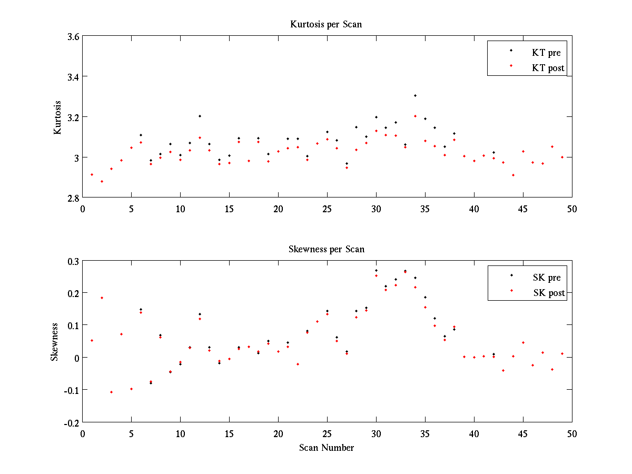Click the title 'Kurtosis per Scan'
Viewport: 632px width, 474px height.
[326, 24]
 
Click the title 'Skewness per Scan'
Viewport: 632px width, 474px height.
[327, 249]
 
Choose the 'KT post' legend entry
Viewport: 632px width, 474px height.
[548, 68]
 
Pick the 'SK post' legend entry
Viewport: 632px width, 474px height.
[548, 293]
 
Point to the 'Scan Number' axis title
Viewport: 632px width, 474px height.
[327, 448]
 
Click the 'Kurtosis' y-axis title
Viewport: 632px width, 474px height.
[57, 117]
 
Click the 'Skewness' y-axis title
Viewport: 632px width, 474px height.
[54, 342]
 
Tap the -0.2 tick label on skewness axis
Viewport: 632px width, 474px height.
[71, 422]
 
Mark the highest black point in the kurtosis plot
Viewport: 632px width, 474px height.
[415, 95]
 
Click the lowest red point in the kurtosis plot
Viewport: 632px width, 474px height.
[102, 181]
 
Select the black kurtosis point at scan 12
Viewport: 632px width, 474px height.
[200, 116]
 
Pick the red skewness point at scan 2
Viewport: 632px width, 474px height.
[102, 298]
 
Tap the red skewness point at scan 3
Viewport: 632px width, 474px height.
[112, 392]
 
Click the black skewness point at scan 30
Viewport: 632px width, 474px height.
[376, 270]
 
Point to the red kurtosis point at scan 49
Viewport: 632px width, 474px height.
[562, 157]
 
